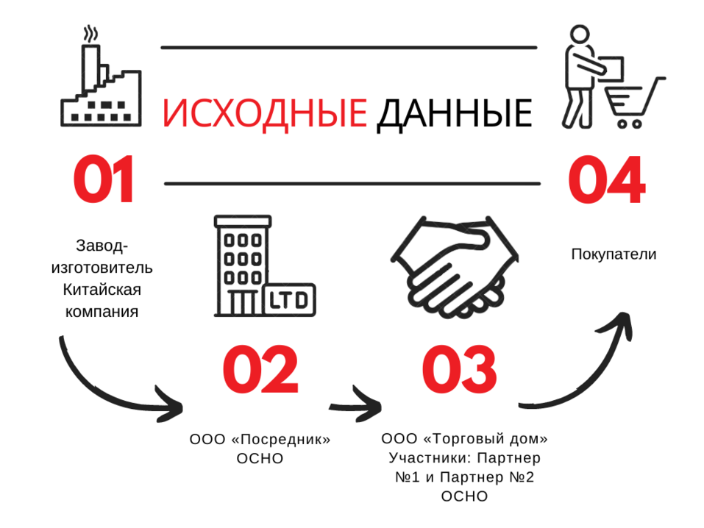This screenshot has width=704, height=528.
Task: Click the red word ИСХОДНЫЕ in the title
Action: click(264, 114)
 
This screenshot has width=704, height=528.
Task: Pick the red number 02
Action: click(261, 371)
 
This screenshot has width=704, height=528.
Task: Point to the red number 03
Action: click(460, 371)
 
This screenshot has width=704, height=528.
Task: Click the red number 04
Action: click(606, 180)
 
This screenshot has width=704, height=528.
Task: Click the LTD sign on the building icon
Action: click(289, 299)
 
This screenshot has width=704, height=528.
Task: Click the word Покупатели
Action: click(614, 254)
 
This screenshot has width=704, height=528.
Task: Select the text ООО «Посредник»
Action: click(260, 440)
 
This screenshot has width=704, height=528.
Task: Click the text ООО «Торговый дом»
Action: click(464, 440)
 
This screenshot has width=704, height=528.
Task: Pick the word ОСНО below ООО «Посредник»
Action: click(260, 459)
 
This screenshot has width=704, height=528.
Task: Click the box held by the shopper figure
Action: click(613, 68)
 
